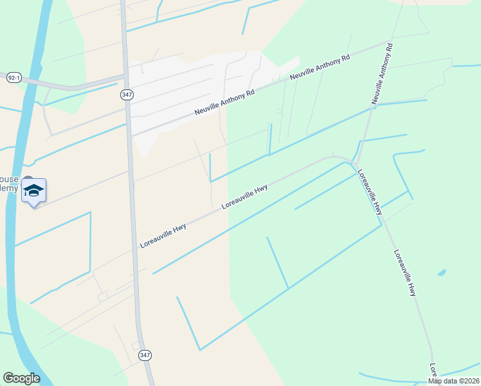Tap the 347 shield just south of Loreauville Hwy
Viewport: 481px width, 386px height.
point(145,355)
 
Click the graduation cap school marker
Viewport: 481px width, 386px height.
point(33,191)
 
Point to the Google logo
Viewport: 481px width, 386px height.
point(21,378)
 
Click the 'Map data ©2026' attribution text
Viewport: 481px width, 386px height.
point(453,381)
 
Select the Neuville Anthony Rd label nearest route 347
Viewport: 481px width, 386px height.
point(225,103)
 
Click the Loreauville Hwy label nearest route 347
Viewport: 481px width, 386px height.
point(163,235)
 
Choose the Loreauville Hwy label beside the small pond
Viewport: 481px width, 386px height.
point(405,273)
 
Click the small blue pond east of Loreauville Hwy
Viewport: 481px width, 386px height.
point(442,273)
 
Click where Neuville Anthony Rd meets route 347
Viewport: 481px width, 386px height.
point(130,136)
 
